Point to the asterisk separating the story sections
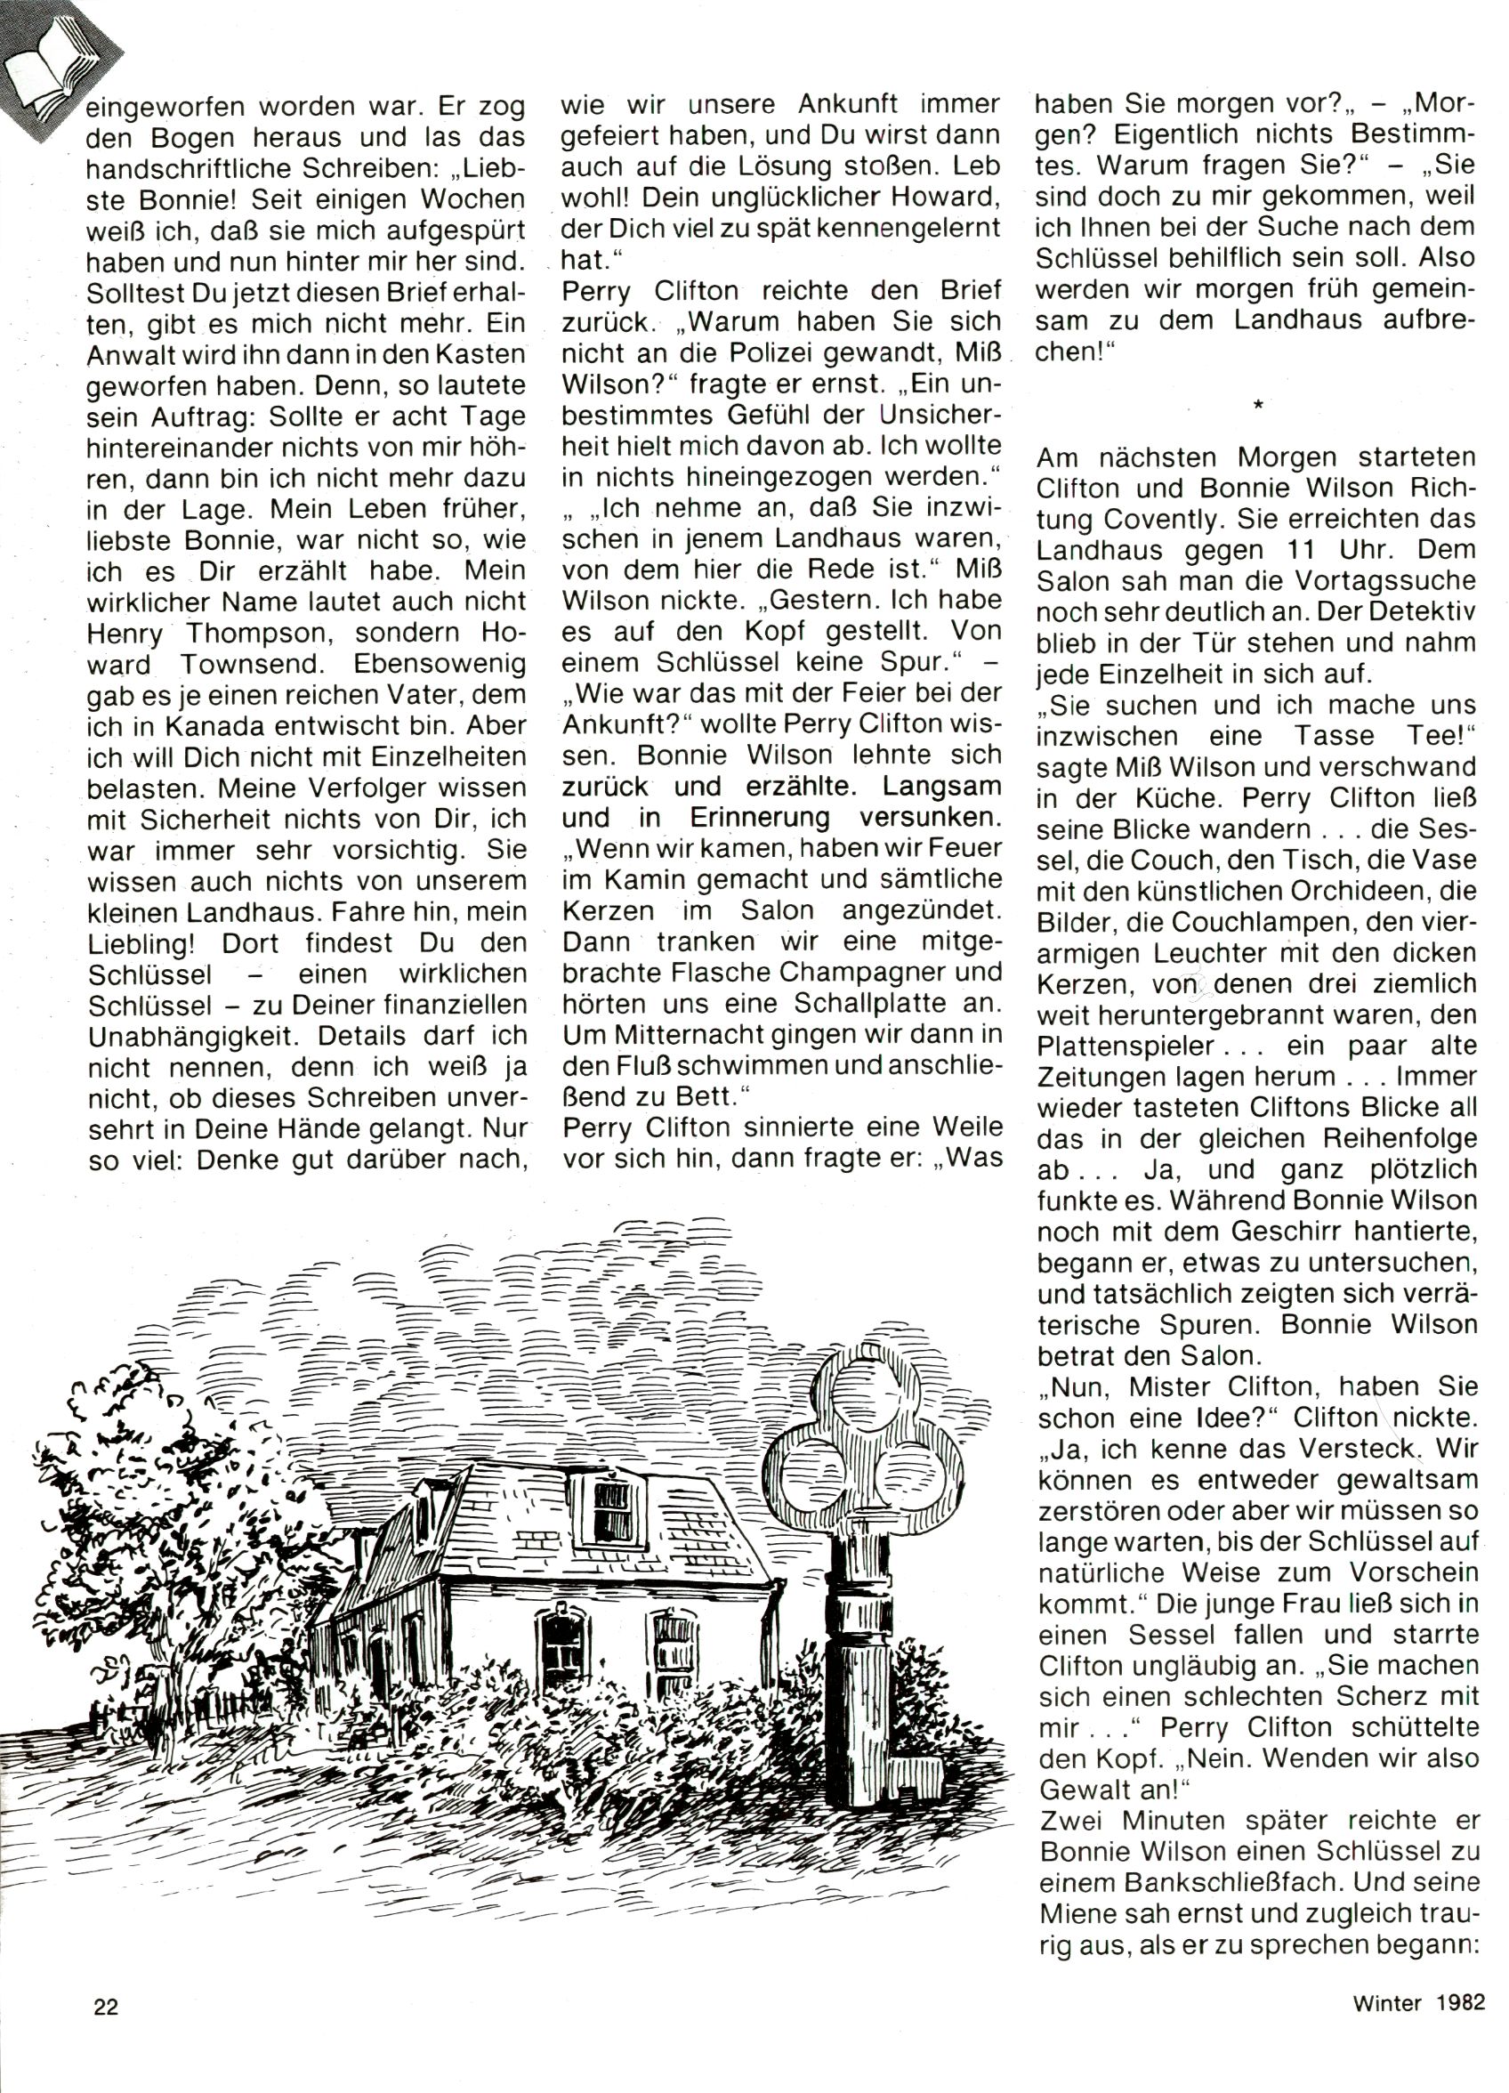pyautogui.click(x=1258, y=403)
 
